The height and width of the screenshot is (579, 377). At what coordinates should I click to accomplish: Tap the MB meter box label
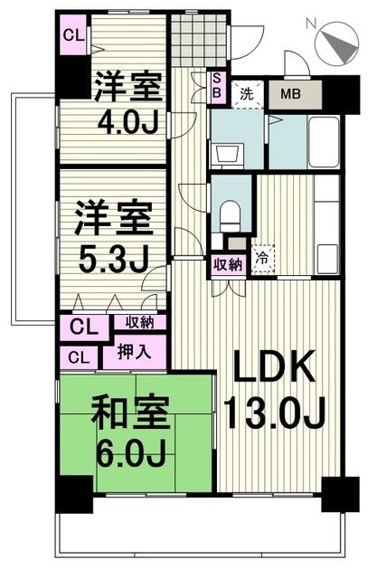291,93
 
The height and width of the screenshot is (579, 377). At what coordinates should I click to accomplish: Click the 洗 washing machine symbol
245,92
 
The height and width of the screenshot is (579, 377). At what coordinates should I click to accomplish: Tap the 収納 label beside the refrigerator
228,264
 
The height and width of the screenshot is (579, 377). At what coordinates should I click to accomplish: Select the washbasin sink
228,150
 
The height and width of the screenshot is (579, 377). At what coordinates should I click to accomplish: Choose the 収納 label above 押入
139,323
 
